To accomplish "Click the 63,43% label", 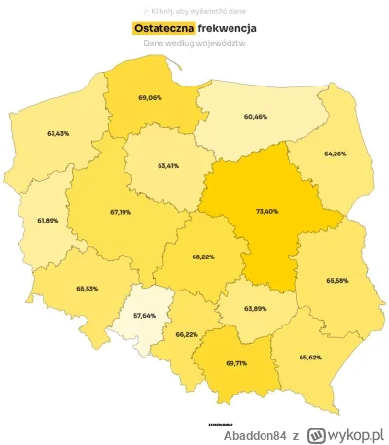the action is [x=57, y=133].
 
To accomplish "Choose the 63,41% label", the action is [x=169, y=165].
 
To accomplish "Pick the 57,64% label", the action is [x=143, y=317].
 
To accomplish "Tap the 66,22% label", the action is [x=188, y=333].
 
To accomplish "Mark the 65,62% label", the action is [x=310, y=357].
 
